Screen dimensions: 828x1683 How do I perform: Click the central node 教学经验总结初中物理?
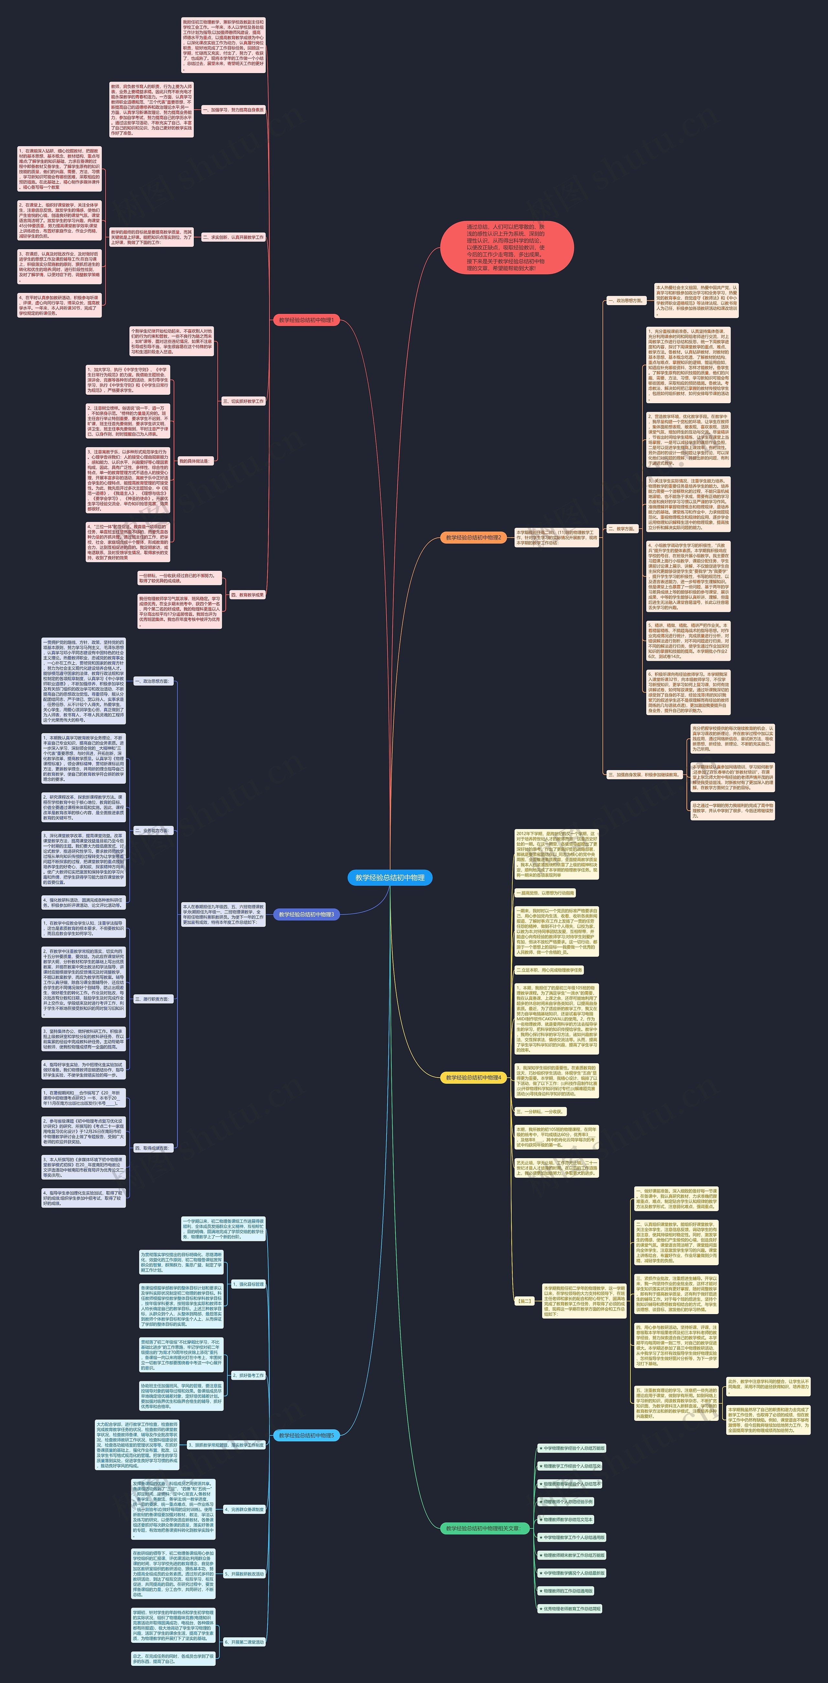pos(390,878)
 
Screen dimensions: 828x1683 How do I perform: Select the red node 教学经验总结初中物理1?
pos(306,320)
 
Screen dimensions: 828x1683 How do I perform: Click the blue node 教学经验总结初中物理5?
pos(306,1435)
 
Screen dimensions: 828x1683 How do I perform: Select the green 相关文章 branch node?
pos(483,1528)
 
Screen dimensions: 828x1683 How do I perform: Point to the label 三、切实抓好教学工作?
pos(243,401)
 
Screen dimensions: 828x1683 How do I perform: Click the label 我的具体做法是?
pos(195,461)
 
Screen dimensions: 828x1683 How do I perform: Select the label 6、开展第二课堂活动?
pos(244,1642)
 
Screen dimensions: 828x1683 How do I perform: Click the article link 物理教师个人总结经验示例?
pos(568,1501)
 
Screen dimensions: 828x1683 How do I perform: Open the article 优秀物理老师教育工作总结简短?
pos(572,1609)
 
